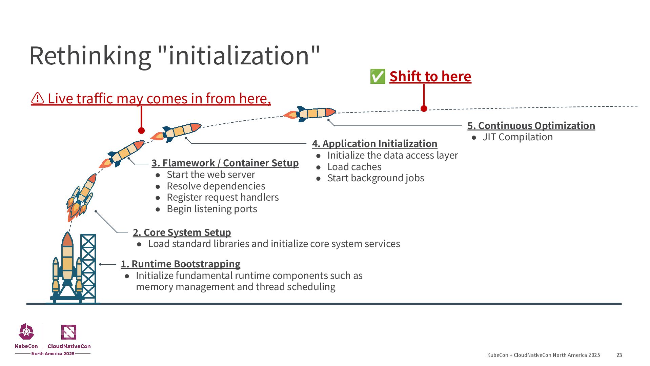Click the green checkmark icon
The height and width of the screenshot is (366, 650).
click(378, 77)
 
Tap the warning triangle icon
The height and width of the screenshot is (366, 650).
click(37, 98)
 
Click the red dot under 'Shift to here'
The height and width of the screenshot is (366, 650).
click(424, 108)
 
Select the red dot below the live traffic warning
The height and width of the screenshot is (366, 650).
click(141, 130)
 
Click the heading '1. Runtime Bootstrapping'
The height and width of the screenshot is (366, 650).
click(180, 264)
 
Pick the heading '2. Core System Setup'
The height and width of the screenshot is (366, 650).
click(182, 232)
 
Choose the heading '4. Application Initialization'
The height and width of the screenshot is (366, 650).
click(374, 144)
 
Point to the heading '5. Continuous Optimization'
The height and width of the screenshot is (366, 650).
click(531, 126)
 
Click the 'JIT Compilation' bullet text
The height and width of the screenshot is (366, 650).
click(517, 137)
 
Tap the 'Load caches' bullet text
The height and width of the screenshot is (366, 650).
click(354, 167)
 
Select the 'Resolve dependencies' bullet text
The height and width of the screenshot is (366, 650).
click(216, 186)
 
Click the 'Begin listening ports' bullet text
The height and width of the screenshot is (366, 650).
click(212, 209)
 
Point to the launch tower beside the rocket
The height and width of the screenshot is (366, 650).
click(88, 268)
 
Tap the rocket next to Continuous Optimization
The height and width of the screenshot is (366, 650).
click(310, 114)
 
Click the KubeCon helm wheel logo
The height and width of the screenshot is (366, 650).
click(26, 331)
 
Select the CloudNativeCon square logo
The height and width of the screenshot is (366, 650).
click(68, 332)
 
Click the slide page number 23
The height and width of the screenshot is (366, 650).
click(619, 355)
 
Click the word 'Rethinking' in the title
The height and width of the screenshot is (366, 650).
click(90, 56)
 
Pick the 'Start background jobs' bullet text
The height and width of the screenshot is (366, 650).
click(375, 178)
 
